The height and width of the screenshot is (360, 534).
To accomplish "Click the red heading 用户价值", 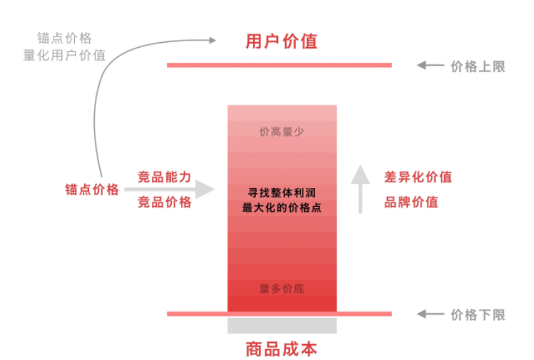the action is click(x=282, y=41).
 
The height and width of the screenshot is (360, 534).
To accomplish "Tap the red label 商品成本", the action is click(x=282, y=349).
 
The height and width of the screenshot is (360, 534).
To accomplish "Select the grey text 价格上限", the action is click(x=478, y=67).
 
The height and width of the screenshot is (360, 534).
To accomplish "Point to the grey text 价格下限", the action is click(x=478, y=315).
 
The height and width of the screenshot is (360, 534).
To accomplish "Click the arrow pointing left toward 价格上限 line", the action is click(x=431, y=65).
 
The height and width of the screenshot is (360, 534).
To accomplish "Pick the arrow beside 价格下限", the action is click(x=431, y=314).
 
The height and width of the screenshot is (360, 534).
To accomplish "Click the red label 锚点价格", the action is click(x=92, y=190).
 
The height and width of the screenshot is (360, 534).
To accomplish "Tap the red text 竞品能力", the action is click(x=164, y=177).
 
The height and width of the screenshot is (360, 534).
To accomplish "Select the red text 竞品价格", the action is click(x=164, y=202).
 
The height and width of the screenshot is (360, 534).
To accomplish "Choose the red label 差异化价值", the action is click(x=418, y=177).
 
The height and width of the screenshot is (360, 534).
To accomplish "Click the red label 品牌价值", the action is click(x=411, y=202).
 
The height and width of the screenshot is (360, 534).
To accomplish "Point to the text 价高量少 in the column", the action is click(x=282, y=131).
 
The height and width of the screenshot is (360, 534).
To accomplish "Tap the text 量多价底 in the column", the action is click(x=282, y=289).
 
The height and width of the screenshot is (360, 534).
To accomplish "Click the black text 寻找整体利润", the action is click(x=282, y=192).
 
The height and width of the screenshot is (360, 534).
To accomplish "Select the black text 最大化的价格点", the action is click(x=282, y=207).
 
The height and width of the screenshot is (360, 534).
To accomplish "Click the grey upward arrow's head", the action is click(x=360, y=175).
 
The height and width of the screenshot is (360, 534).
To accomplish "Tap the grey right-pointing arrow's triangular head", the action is click(x=205, y=190).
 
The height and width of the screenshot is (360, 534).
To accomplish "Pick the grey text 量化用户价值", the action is click(x=64, y=55).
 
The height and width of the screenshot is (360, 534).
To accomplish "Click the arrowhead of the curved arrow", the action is click(x=212, y=41).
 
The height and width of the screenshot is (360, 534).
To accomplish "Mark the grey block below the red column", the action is click(x=282, y=325).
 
